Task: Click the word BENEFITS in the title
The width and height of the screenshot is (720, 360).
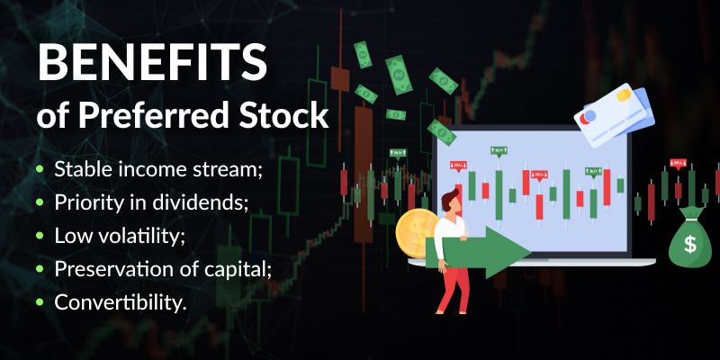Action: tap(152, 62)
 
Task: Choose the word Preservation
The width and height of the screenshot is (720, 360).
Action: tap(109, 269)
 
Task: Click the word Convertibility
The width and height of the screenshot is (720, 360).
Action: tap(121, 302)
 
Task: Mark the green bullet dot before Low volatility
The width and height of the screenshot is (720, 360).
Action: tap(40, 236)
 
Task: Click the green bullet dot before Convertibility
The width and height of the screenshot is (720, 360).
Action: tap(40, 302)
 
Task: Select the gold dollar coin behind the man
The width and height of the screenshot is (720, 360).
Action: tap(416, 233)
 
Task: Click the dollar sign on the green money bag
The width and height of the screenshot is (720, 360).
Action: tap(689, 244)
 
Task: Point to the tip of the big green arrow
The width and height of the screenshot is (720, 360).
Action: tap(530, 252)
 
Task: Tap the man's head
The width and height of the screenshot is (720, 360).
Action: tap(450, 201)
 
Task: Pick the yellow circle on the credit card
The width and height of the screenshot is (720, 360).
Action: tap(623, 95)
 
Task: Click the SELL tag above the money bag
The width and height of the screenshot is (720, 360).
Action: tap(679, 163)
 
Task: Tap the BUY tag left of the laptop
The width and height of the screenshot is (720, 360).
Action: tap(398, 153)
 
